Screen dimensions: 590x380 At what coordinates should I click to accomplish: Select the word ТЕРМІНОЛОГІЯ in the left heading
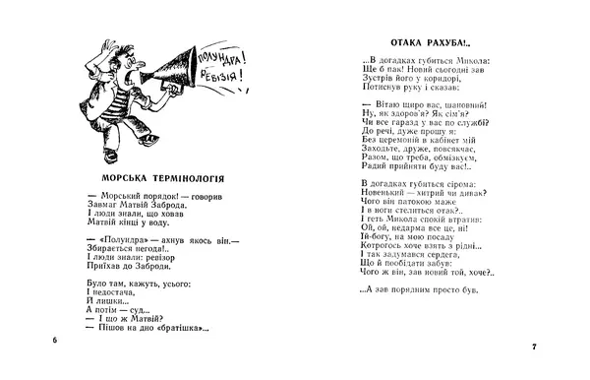202,179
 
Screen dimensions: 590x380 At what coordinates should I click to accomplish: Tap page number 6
55,340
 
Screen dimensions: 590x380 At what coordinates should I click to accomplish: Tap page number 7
532,347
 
